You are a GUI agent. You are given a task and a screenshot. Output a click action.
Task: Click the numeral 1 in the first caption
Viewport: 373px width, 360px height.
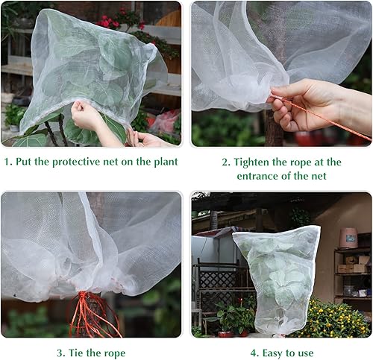pos(6,162)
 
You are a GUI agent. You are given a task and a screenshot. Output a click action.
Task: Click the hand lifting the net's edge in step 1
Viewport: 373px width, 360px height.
pos(90,118)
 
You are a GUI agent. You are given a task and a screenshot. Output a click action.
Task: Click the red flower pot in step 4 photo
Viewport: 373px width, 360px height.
pos(225,333)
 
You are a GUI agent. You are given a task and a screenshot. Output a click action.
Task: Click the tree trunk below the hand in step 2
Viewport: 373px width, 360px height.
pos(274,134)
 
